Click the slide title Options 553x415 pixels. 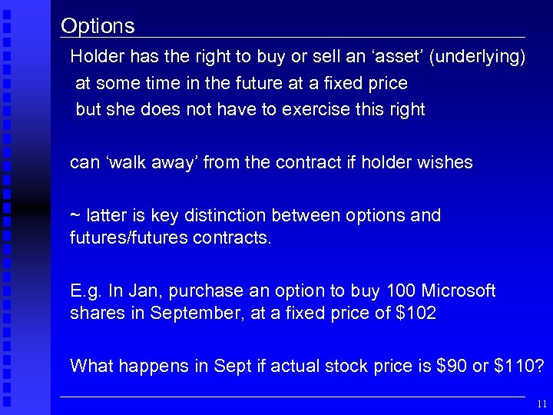click(98, 26)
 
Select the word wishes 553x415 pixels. click(445, 163)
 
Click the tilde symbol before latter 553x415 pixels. click(75, 216)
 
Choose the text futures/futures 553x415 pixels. click(127, 238)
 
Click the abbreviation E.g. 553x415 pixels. click(84, 291)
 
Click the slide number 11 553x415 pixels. click(541, 403)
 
